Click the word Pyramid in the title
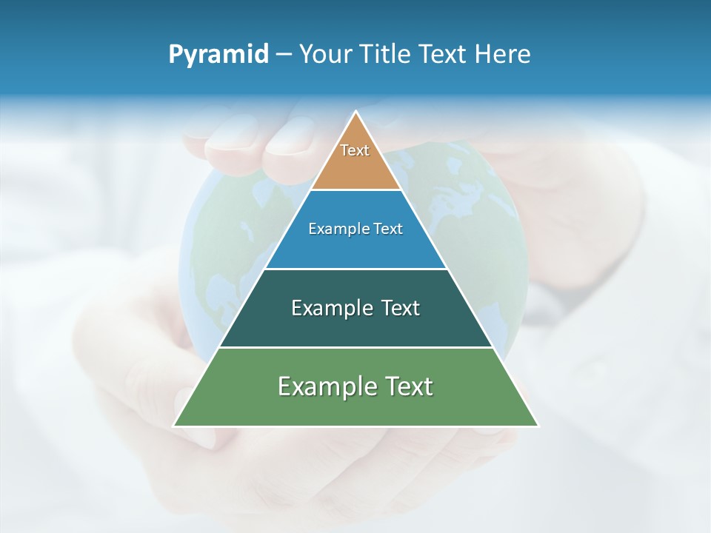coord(218,55)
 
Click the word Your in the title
coord(324,54)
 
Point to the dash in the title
coord(284,55)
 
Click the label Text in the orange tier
coord(355,150)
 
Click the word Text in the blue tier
coord(389,229)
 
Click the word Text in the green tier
coord(408,386)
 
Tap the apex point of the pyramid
coord(356,113)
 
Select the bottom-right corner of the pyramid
coord(538,426)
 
